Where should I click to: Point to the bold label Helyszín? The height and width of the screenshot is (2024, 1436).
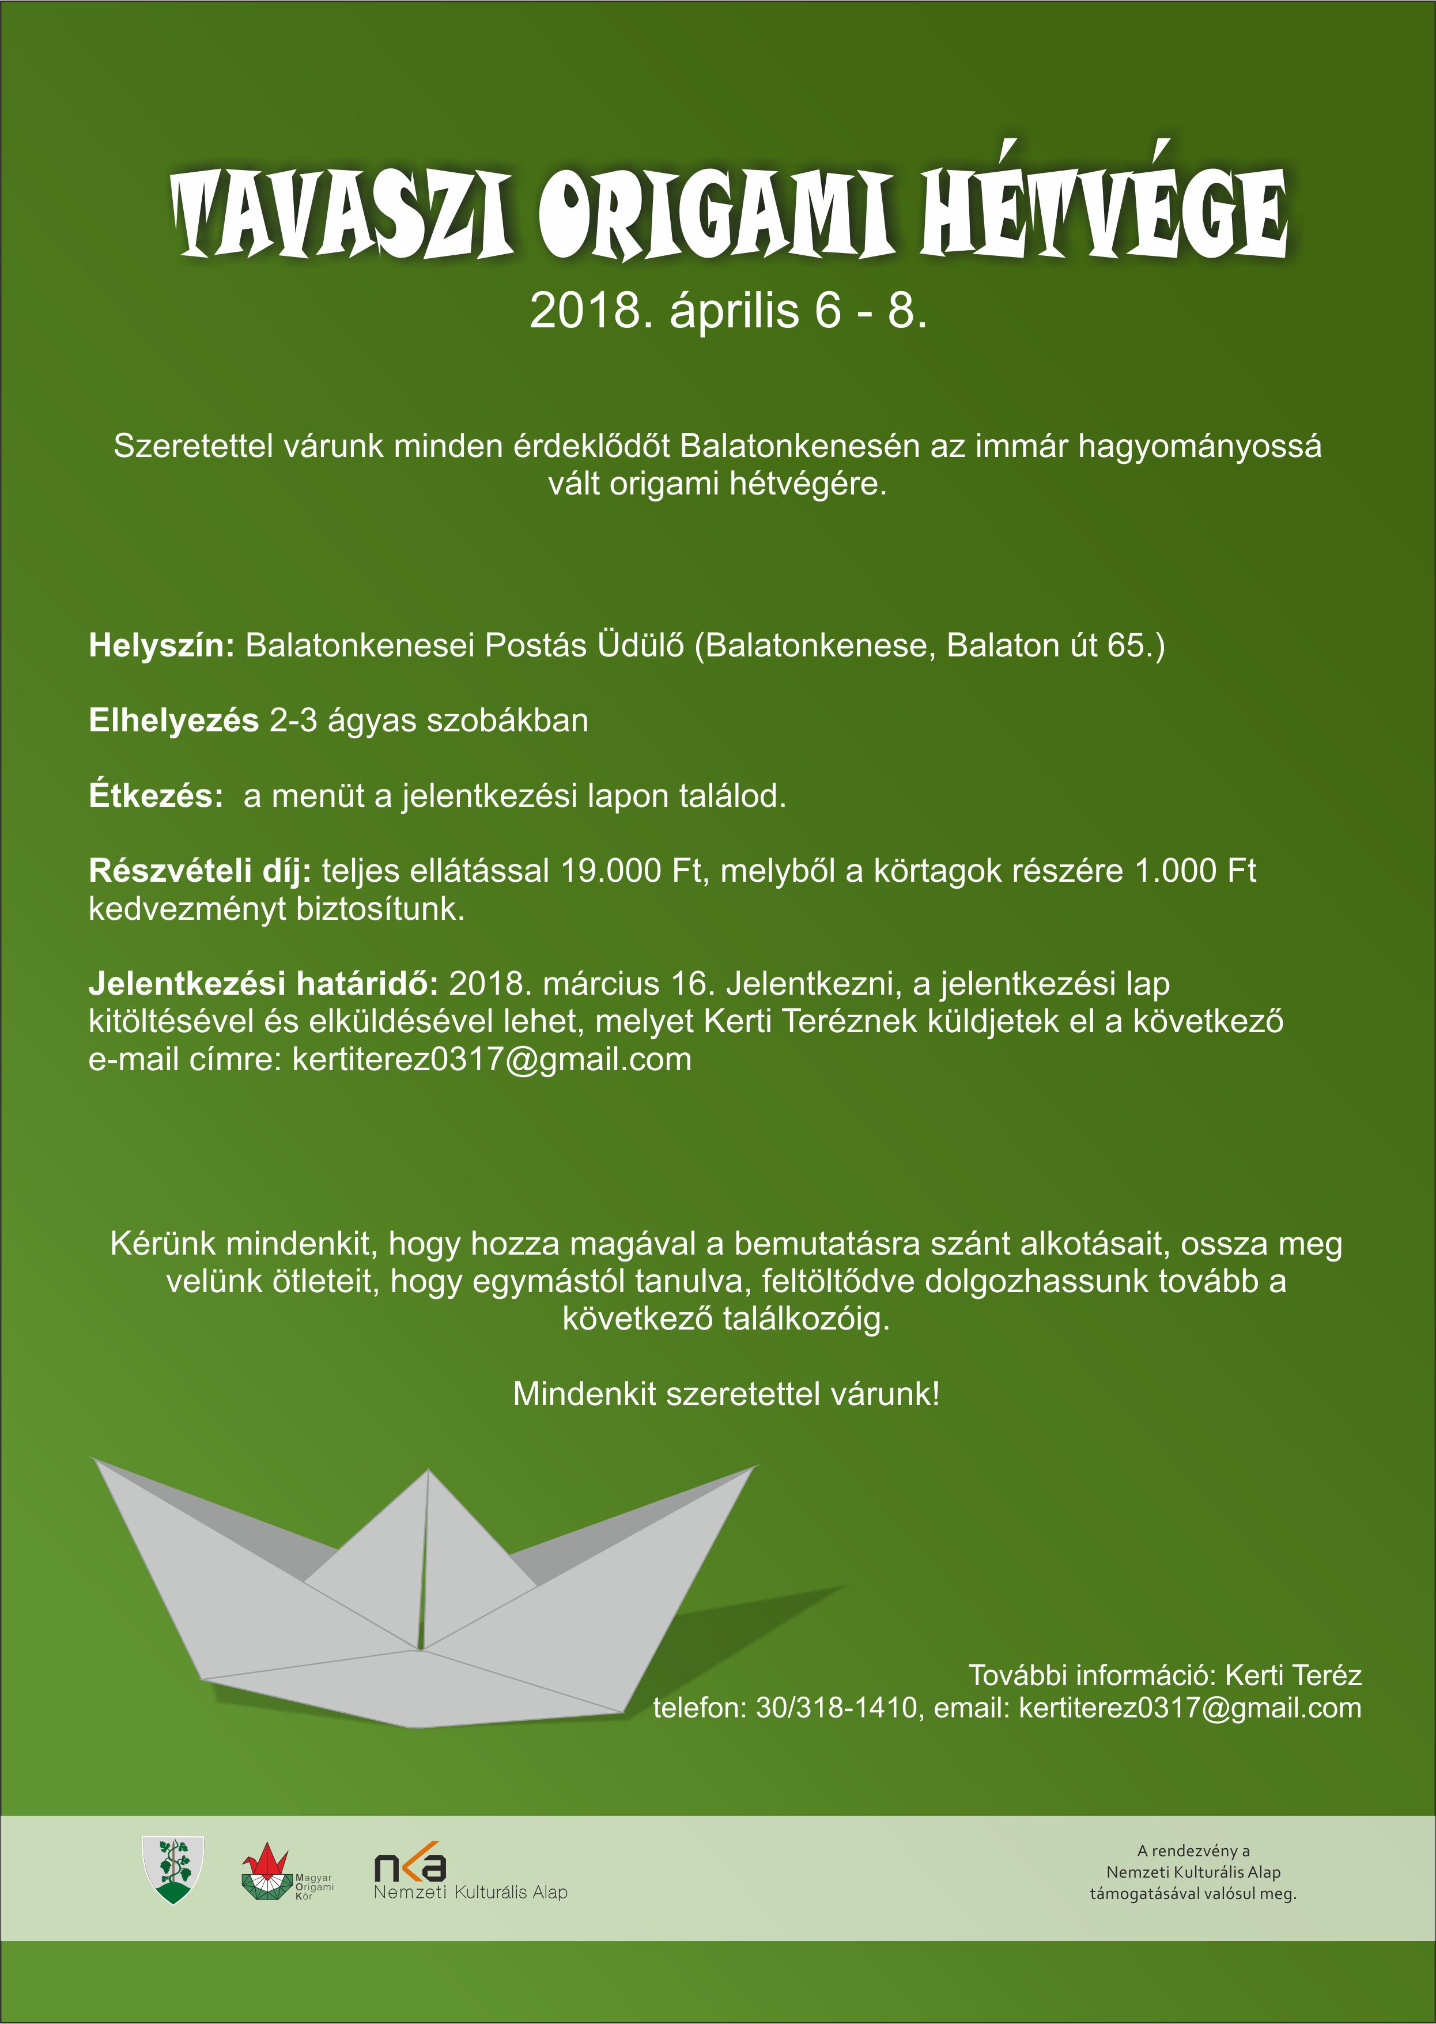click(161, 647)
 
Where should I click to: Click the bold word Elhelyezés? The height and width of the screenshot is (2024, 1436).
click(173, 722)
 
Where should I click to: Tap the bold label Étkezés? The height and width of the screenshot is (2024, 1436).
click(156, 796)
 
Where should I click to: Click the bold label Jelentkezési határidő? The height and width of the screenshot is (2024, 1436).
click(263, 984)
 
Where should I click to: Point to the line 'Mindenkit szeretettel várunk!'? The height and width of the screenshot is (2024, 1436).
click(726, 1395)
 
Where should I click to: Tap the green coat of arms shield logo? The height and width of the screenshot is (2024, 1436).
click(173, 1868)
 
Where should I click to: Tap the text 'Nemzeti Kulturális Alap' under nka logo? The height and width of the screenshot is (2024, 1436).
click(470, 1892)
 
